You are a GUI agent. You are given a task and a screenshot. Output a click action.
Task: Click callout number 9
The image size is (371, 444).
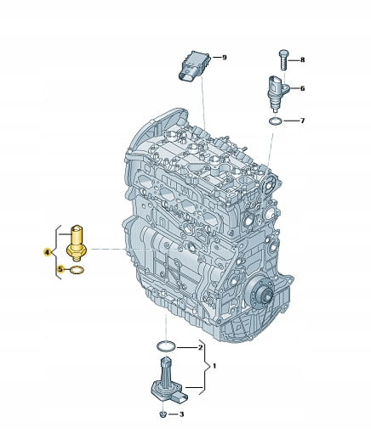225,58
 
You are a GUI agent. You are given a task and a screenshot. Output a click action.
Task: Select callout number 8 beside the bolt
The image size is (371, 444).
302,59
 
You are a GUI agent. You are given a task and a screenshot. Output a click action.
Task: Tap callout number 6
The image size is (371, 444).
302,88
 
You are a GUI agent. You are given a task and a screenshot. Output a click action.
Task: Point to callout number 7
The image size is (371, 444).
302,121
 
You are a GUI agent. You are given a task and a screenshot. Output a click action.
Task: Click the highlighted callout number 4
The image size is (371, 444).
47,252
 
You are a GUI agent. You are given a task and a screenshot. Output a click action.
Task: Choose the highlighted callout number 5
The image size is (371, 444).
60,269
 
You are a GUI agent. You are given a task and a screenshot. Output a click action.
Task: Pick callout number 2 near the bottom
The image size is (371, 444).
200,347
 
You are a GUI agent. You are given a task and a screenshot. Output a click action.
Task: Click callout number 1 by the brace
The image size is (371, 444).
214,366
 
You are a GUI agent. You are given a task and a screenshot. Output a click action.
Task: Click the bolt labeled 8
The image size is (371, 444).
283,60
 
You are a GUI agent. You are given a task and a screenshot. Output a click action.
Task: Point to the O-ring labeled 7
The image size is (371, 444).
276,121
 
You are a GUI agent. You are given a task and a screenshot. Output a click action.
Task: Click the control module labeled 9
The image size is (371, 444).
195,65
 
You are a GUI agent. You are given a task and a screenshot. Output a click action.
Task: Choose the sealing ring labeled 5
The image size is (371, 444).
77,270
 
